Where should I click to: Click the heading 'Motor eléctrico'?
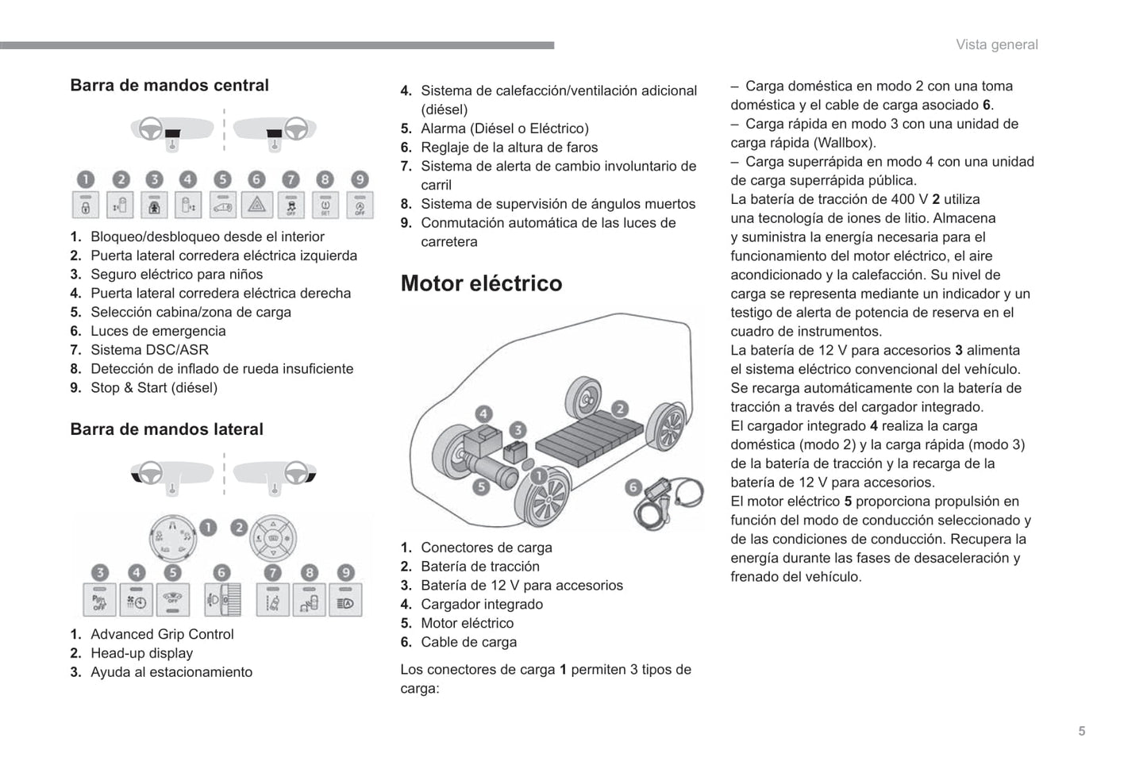(x=481, y=283)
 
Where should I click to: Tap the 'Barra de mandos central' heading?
(x=169, y=85)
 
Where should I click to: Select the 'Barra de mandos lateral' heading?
(x=167, y=429)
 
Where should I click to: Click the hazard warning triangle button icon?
(x=256, y=206)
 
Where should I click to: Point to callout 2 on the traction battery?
(x=619, y=409)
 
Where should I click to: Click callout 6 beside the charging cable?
(x=633, y=487)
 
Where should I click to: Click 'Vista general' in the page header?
(x=996, y=44)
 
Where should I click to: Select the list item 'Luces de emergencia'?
(x=158, y=331)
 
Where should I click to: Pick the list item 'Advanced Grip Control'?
(x=162, y=634)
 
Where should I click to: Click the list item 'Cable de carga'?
(x=468, y=642)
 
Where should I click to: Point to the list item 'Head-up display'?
(x=141, y=653)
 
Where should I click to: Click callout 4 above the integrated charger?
(x=483, y=413)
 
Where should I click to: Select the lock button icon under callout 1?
(x=86, y=206)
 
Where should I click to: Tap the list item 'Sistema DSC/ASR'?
(x=149, y=350)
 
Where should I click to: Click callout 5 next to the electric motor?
(x=480, y=486)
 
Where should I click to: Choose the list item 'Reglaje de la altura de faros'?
(x=509, y=147)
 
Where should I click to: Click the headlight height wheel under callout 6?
(x=223, y=599)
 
